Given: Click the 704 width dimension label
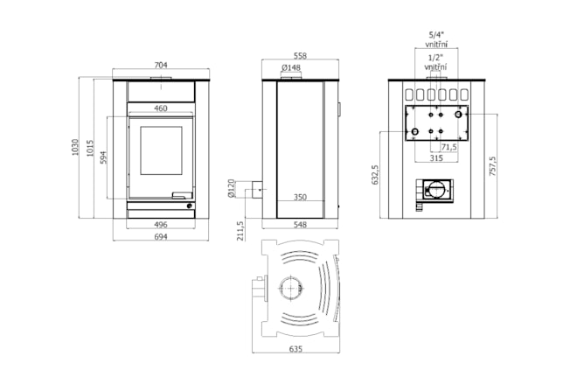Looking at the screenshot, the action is tap(161, 65).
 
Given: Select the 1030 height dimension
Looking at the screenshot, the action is tap(75, 147).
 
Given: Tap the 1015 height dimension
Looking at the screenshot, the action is tap(90, 148).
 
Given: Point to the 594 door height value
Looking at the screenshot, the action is tap(103, 157).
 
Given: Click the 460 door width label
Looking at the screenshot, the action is tap(161, 108).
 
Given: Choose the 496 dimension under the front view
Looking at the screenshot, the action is tap(161, 224).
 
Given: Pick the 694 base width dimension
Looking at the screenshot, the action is tap(161, 237).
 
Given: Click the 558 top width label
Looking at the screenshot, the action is tap(300, 56).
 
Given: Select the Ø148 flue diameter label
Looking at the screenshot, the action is tap(291, 67).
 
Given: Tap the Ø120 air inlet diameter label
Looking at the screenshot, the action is tap(231, 188).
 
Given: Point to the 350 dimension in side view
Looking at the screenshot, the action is tap(300, 197).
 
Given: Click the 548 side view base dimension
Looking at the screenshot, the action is tap(300, 224).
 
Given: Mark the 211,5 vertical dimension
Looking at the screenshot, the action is tap(240, 231).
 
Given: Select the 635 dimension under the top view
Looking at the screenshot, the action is tap(295, 349).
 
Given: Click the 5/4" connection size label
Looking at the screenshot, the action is tap(436, 35).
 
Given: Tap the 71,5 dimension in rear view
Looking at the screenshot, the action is tap(449, 147).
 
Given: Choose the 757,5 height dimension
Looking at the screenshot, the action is tap(493, 166).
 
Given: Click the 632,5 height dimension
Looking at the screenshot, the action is tap(375, 175).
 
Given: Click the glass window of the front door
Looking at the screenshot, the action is tap(161, 150).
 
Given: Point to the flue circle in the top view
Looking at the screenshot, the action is tap(291, 289).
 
